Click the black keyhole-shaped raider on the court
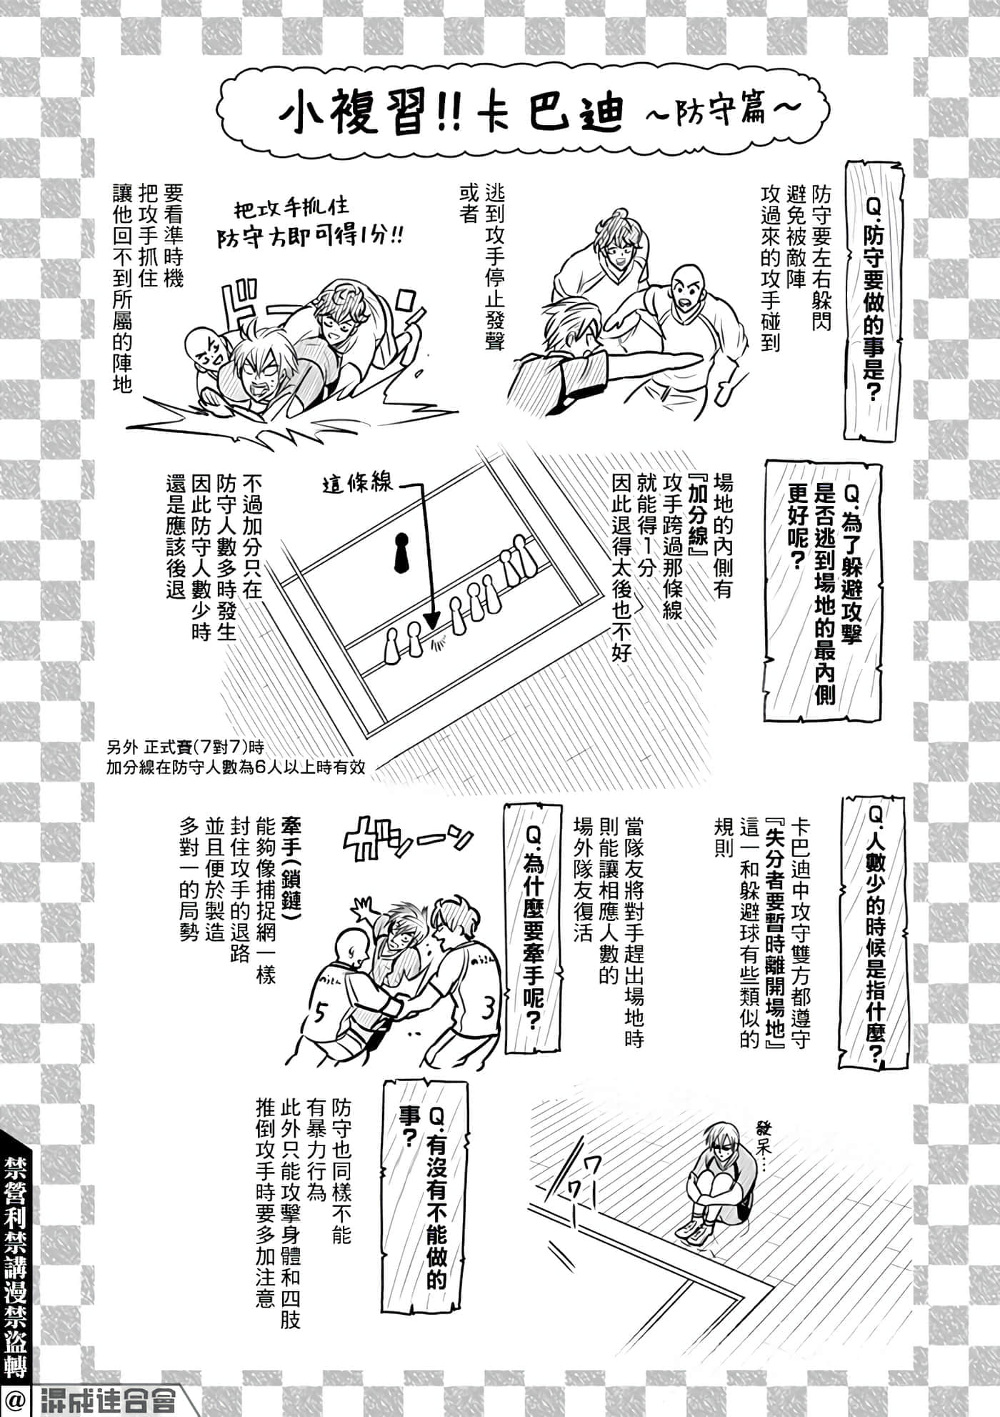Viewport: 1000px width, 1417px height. (401, 552)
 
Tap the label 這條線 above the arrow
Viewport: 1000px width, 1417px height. (357, 484)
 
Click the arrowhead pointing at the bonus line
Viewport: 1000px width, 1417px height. (431, 620)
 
